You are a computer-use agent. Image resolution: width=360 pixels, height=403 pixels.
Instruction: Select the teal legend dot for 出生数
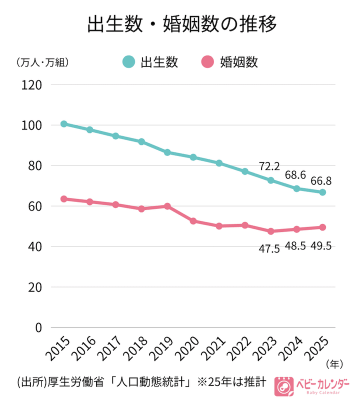129,62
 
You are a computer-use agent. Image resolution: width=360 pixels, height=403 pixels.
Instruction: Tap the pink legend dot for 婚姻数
207,62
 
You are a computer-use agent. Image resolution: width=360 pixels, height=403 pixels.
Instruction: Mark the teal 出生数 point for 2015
64,123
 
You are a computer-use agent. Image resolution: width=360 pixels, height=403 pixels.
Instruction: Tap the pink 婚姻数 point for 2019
167,206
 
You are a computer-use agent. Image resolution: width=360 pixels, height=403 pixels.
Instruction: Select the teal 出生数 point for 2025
322,192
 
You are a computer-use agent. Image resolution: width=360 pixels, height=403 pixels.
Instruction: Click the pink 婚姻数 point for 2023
271,231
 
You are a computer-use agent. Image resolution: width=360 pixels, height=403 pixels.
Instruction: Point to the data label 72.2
269,165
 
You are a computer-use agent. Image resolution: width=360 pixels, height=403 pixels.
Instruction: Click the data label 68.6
295,175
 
